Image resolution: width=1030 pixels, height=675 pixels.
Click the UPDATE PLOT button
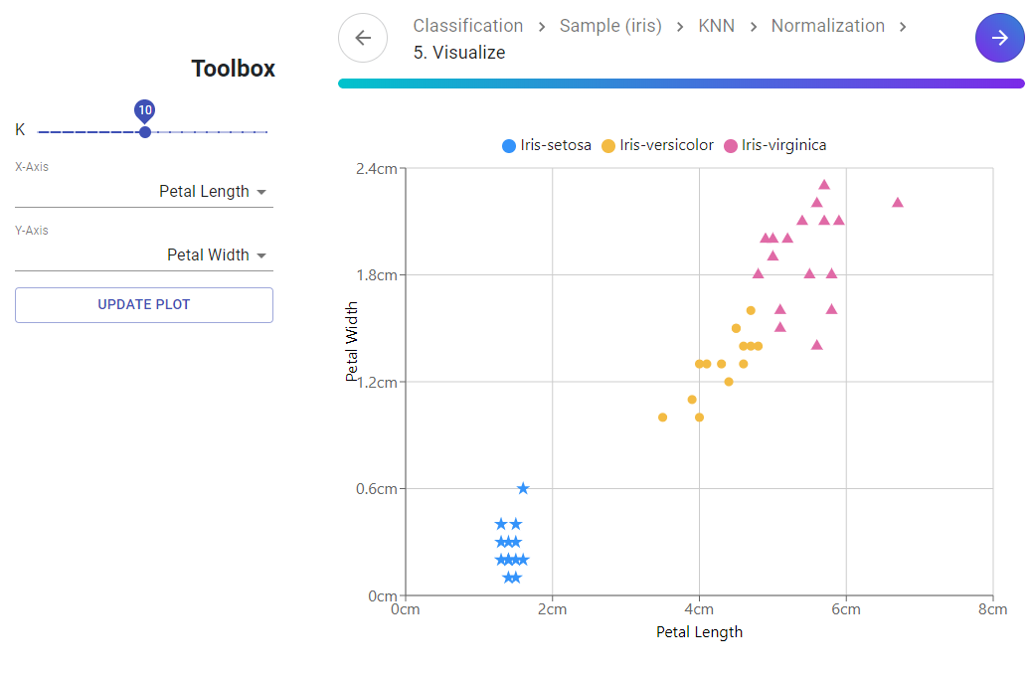pyautogui.click(x=144, y=305)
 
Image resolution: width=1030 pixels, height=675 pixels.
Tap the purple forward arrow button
pyautogui.click(x=999, y=38)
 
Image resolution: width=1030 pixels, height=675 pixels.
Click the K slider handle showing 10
pyautogui.click(x=145, y=131)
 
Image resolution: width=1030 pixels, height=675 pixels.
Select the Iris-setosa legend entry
pyautogui.click(x=547, y=145)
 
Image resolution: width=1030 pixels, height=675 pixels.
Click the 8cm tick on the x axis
pyautogui.click(x=992, y=609)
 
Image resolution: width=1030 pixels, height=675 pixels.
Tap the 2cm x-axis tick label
pyautogui.click(x=552, y=609)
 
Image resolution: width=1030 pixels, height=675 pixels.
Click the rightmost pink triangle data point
pyautogui.click(x=898, y=202)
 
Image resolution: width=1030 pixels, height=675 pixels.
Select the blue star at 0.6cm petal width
pyautogui.click(x=523, y=488)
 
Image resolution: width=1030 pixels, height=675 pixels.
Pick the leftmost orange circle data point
pyautogui.click(x=662, y=418)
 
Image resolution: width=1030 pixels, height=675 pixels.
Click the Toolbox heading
pyautogui.click(x=234, y=69)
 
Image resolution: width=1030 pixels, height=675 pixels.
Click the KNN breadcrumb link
pyautogui.click(x=716, y=26)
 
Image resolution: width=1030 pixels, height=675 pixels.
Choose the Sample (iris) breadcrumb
pyautogui.click(x=610, y=26)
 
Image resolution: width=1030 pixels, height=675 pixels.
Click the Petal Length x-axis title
pyautogui.click(x=699, y=632)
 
